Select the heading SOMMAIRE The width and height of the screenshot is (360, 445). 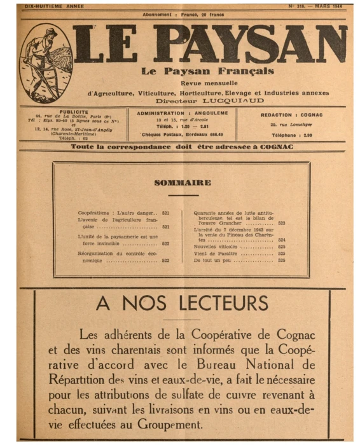click(x=182, y=182)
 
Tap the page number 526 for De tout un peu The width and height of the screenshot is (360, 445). click(x=281, y=260)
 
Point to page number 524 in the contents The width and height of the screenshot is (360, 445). click(x=281, y=240)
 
